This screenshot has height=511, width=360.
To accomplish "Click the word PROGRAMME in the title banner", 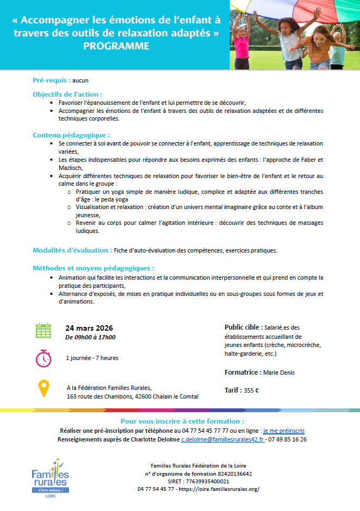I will click(116, 46).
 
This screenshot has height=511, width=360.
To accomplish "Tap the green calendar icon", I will click(43, 330).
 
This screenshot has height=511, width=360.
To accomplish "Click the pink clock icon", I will click(43, 358).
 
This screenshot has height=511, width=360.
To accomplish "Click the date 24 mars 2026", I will click(89, 328).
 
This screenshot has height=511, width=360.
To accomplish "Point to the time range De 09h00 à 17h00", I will click(90, 337).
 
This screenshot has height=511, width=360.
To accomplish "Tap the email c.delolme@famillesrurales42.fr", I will click(223, 439).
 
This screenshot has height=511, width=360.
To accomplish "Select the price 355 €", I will click(251, 390).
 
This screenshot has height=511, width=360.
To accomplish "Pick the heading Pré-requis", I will click(51, 80).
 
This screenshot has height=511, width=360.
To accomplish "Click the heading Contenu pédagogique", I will click(71, 135).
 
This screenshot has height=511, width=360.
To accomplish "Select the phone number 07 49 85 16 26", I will click(287, 439).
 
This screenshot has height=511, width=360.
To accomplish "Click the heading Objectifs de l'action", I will click(67, 94).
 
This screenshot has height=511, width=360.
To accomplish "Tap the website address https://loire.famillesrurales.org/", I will click(219, 489).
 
